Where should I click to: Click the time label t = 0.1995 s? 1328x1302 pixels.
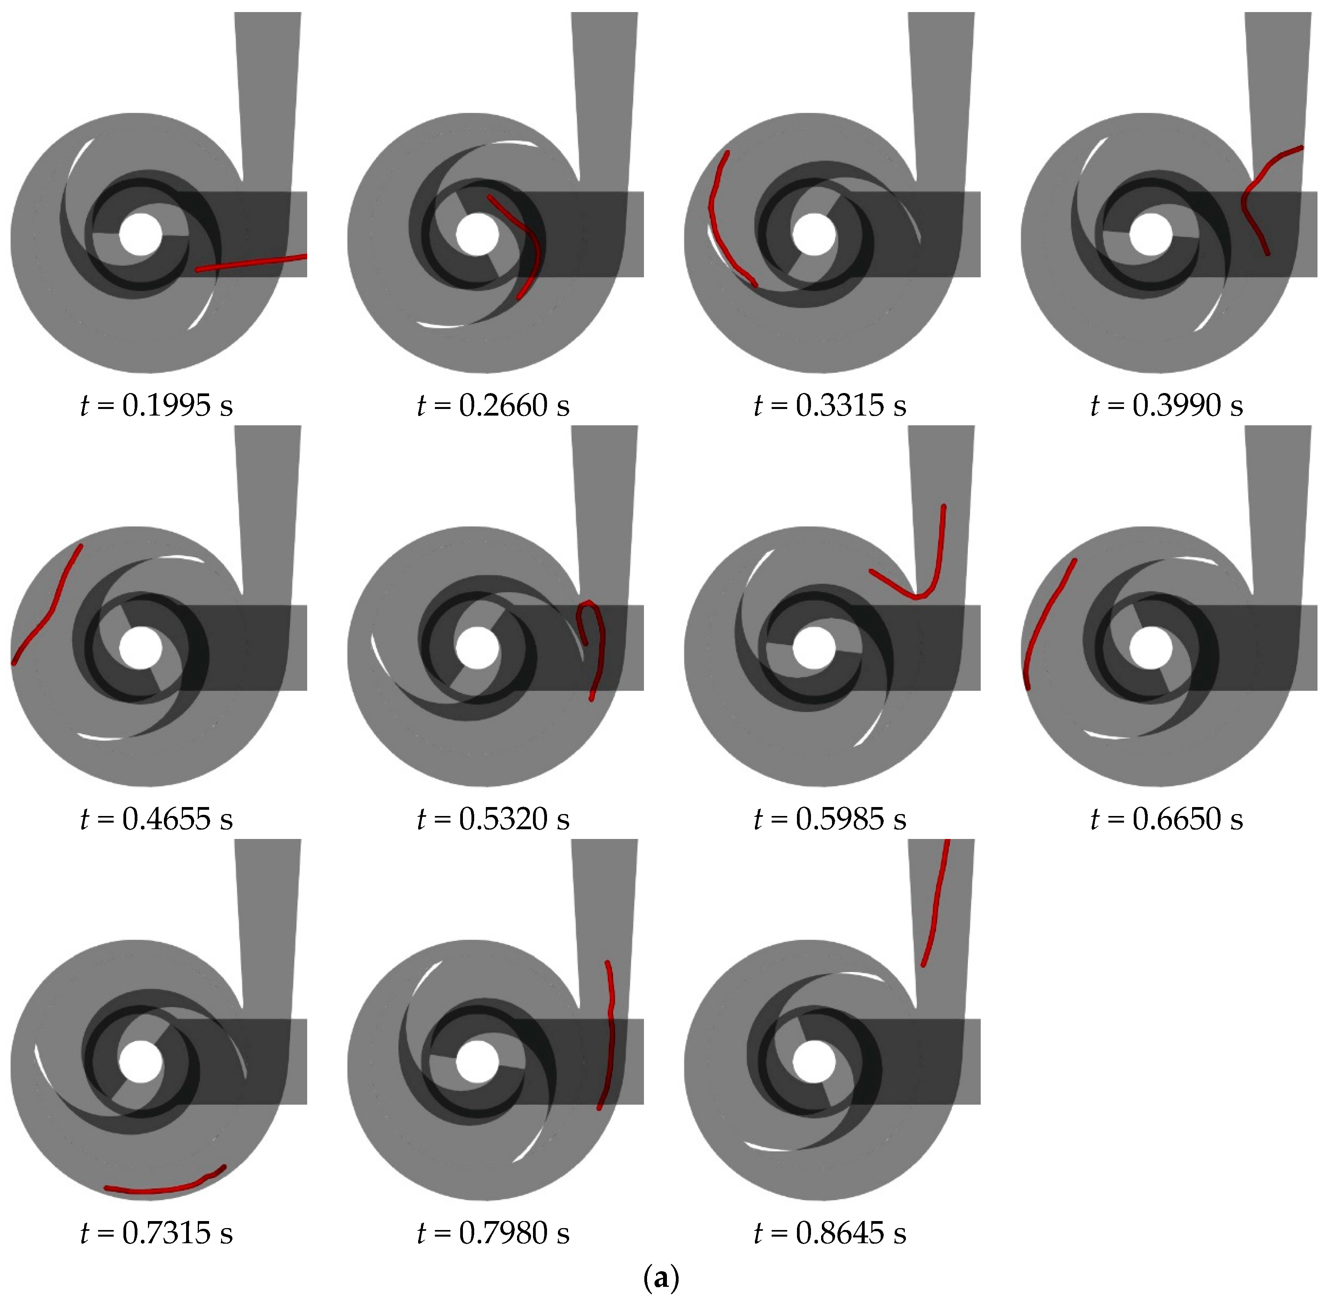pyautogui.click(x=157, y=405)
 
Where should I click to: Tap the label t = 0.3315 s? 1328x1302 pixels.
pyautogui.click(x=830, y=405)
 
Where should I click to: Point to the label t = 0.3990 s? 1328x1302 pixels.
pyautogui.click(x=1166, y=405)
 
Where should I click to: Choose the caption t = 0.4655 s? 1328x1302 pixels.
pyautogui.click(x=157, y=819)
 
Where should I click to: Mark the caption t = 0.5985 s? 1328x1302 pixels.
pyautogui.click(x=830, y=819)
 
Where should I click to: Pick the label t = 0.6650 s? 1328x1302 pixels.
pyautogui.click(x=1166, y=819)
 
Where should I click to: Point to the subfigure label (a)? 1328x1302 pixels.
pyautogui.click(x=661, y=1276)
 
